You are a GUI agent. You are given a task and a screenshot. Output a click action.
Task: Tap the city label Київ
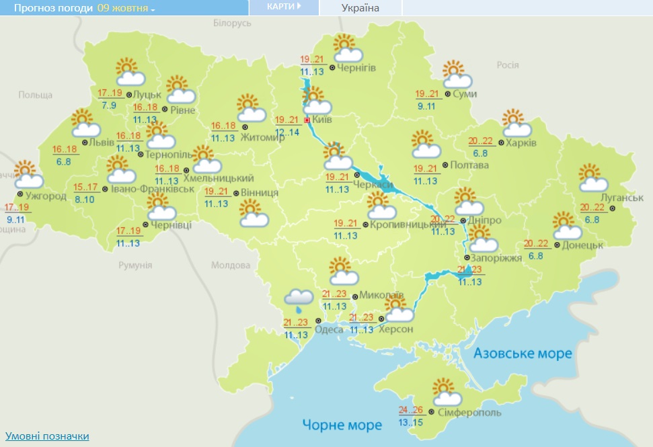click(x=322, y=120)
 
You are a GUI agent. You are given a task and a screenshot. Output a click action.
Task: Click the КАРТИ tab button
click(x=282, y=7)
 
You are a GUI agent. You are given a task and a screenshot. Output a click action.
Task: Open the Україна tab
click(x=360, y=8)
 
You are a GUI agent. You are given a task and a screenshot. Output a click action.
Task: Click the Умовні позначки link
click(x=47, y=436)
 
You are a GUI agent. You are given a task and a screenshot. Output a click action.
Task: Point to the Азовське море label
click(x=523, y=354)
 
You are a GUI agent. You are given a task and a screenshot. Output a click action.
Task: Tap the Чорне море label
click(x=342, y=425)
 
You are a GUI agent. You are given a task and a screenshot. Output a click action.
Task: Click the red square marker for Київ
click(x=307, y=120)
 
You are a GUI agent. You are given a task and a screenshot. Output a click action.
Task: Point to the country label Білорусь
click(x=231, y=23)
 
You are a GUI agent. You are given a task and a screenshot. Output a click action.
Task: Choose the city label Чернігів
click(x=356, y=68)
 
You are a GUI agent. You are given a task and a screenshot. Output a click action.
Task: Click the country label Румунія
click(x=135, y=266)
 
